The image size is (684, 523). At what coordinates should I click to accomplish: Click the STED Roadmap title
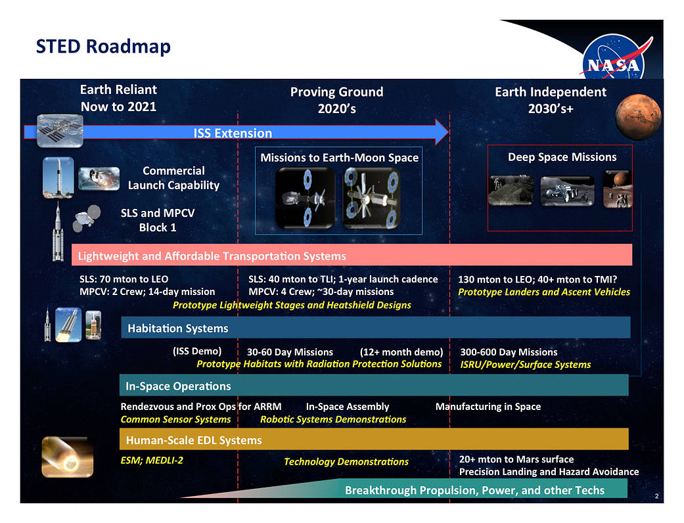click(103, 47)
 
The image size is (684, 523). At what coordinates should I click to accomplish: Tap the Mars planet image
click(638, 116)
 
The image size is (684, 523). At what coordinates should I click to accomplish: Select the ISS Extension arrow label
click(233, 133)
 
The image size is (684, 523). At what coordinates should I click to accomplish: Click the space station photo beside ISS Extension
click(60, 131)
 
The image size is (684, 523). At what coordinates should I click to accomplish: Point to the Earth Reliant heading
click(118, 98)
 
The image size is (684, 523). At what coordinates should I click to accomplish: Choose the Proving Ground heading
click(337, 100)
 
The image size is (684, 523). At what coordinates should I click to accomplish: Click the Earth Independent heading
click(551, 100)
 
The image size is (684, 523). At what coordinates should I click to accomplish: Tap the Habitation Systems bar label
click(177, 328)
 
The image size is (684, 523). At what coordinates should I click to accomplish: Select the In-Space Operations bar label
click(178, 386)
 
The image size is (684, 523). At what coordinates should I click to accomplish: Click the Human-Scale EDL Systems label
click(194, 440)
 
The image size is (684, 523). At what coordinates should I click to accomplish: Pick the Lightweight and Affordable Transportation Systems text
click(212, 256)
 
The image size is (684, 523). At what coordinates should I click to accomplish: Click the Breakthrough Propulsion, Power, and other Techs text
click(474, 490)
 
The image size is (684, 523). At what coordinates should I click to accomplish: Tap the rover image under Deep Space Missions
click(567, 191)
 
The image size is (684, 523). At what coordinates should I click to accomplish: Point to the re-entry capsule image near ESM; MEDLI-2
click(67, 457)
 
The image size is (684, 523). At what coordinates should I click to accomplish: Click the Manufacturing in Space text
click(488, 407)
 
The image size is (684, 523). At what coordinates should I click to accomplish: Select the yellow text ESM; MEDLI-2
click(152, 461)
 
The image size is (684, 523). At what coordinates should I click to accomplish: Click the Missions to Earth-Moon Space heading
click(340, 158)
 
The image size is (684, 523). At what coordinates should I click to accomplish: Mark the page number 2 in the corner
click(656, 496)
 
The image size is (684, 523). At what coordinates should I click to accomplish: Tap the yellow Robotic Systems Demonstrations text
click(333, 420)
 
